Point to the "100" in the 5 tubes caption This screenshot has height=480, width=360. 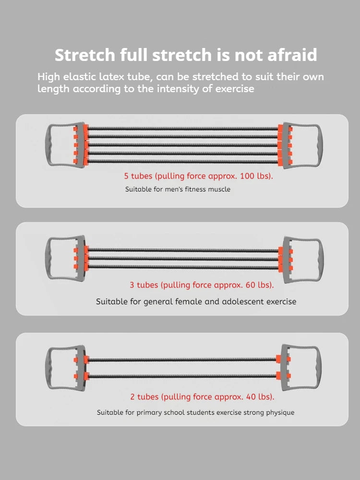tap(247, 176)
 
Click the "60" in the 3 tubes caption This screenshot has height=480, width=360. tap(250, 285)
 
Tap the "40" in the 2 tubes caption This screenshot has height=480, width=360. tap(251, 397)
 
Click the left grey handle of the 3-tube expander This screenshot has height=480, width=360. tap(48, 258)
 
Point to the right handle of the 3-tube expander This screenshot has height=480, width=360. tap(319, 259)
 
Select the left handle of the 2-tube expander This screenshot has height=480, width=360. tap(48, 368)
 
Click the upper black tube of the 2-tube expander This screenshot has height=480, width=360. tap(182, 360)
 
